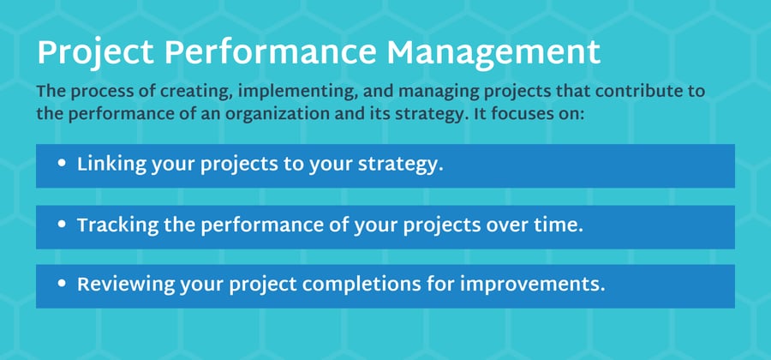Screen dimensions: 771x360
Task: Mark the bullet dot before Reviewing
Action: click(62, 285)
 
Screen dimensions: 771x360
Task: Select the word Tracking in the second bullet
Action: click(118, 226)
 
